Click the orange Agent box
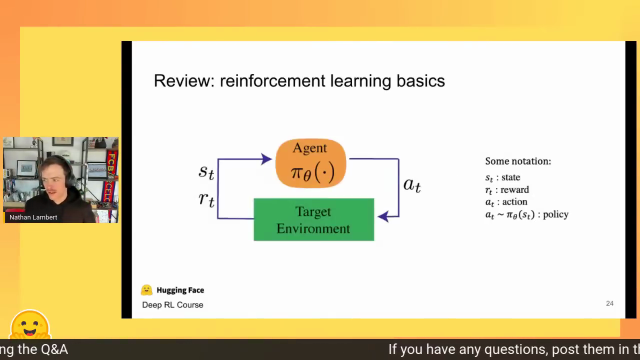pyautogui.click(x=310, y=163)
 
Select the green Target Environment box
pyautogui.click(x=313, y=219)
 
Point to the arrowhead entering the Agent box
pyautogui.click(x=266, y=159)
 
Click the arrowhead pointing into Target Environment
pyautogui.click(x=383, y=216)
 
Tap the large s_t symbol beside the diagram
pyautogui.click(x=206, y=172)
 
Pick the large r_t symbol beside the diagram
pyautogui.click(x=206, y=199)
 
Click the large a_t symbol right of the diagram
pyautogui.click(x=412, y=185)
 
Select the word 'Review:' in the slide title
pyautogui.click(x=184, y=80)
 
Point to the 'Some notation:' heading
pyautogui.click(x=518, y=161)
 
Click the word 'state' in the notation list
pyautogui.click(x=510, y=177)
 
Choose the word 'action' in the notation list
pyautogui.click(x=514, y=201)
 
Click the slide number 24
pyautogui.click(x=609, y=303)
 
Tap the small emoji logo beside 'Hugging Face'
pyautogui.click(x=146, y=290)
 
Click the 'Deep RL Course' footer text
pyautogui.click(x=172, y=305)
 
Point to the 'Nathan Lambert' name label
pyautogui.click(x=33, y=217)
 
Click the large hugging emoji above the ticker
pyautogui.click(x=30, y=324)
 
